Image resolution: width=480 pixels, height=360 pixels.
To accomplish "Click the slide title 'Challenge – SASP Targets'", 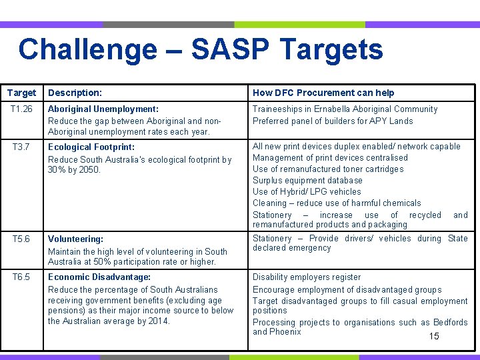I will (201, 50).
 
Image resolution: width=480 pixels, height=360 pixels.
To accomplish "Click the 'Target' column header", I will (21, 93).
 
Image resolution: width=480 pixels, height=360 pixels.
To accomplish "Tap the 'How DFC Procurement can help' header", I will (323, 93).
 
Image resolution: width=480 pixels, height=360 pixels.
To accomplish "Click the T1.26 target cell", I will (21, 109).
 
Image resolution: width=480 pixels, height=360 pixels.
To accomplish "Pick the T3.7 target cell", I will (21, 147).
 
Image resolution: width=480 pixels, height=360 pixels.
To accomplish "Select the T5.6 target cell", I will (21, 239).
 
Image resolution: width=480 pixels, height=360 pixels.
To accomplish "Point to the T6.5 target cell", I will (21, 277).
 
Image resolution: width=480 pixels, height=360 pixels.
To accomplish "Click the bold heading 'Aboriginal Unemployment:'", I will (103, 109).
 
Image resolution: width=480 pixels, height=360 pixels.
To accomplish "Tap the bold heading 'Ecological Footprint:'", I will (91, 147).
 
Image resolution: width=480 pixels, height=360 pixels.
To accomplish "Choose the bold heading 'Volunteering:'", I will (75, 239).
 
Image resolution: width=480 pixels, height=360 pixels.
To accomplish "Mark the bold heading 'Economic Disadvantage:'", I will (99, 277).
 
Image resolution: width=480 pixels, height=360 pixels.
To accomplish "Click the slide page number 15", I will (434, 337).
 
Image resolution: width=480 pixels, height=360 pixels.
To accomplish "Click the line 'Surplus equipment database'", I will (307, 181).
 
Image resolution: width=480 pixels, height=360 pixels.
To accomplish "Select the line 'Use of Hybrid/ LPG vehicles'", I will (307, 192).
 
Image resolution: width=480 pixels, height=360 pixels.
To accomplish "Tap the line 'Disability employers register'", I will (307, 277).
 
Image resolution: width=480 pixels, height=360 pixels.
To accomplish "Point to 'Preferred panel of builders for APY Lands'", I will (333, 121).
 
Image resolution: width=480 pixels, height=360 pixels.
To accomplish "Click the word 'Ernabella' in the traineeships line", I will (329, 109).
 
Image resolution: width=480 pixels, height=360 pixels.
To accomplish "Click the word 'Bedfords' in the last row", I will (450, 323).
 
